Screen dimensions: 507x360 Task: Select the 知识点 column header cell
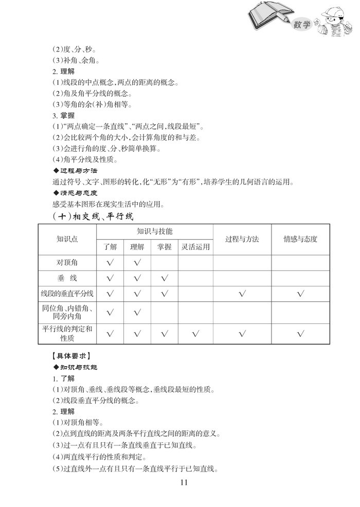(67, 239)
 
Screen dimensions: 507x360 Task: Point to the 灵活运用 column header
(195, 247)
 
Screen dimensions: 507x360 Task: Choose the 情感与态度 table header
(300, 239)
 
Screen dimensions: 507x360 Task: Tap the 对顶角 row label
(67, 263)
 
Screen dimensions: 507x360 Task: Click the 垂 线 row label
(67, 278)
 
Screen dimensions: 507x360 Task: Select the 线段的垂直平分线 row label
(67, 294)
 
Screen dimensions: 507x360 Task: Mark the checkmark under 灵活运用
(195, 334)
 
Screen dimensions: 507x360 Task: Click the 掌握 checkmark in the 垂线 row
(165, 278)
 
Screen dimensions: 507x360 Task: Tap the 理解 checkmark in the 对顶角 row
(137, 263)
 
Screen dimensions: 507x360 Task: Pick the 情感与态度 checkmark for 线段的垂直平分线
(300, 294)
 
